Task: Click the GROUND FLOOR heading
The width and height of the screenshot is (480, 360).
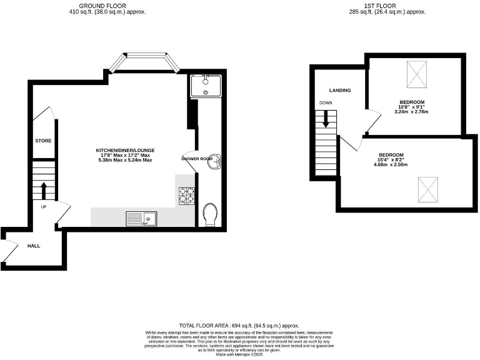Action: pos(107,6)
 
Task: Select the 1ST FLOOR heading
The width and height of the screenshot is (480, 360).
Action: pos(387,6)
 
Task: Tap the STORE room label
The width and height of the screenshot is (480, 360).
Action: pos(43,141)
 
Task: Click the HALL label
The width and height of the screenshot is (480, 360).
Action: pos(34,246)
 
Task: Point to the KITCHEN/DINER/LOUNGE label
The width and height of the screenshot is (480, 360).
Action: pos(125,151)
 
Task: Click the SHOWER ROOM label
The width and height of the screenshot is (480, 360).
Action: pos(197,159)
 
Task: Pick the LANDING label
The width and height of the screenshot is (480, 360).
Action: pos(340,91)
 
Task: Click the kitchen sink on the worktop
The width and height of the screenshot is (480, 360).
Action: pos(141,218)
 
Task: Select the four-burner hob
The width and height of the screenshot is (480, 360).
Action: pos(186,196)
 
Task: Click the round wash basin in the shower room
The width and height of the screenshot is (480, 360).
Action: pos(214,160)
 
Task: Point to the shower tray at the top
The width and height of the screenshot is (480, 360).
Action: pos(206,86)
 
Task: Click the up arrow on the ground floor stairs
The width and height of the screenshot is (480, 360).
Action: pos(43,189)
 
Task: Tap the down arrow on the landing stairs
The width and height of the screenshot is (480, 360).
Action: pos(326,119)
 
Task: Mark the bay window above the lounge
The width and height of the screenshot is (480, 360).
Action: pos(143,62)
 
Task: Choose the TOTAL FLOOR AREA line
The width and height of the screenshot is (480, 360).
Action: pos(239,326)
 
